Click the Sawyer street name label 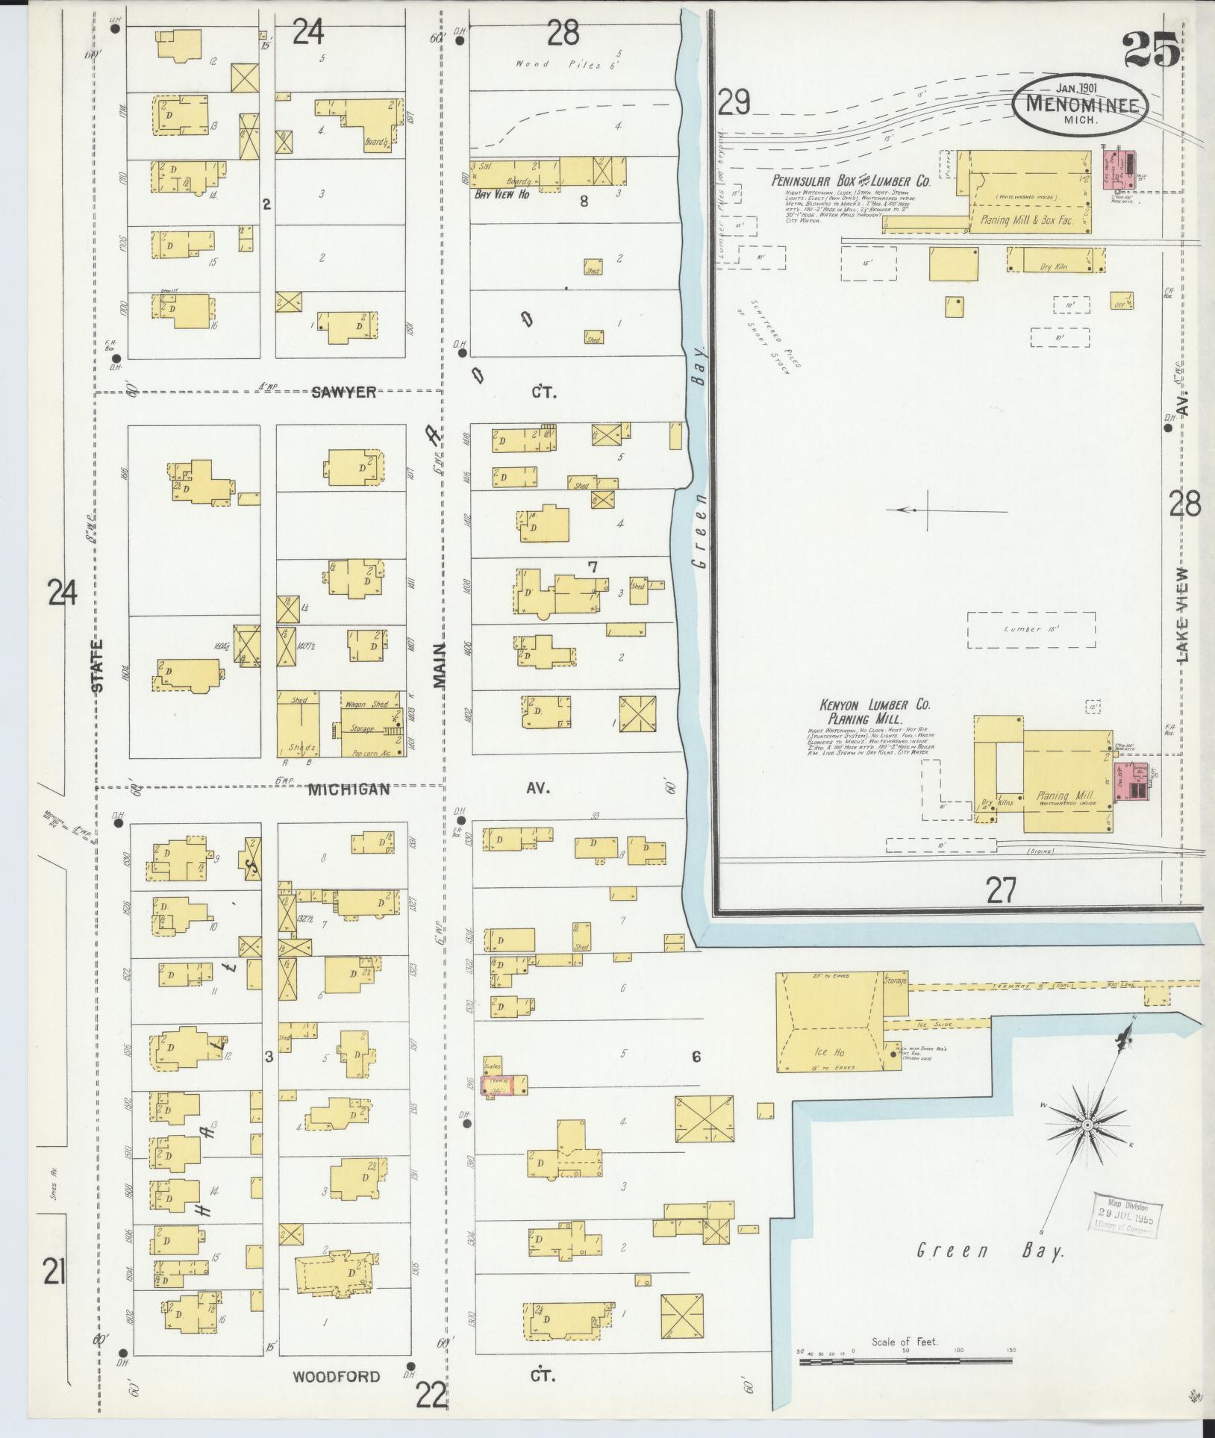[344, 393]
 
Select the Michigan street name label [349, 790]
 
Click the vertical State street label [98, 666]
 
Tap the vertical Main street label [439, 665]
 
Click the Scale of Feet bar [905, 1361]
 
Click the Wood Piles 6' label [569, 64]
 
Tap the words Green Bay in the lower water [989, 1251]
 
